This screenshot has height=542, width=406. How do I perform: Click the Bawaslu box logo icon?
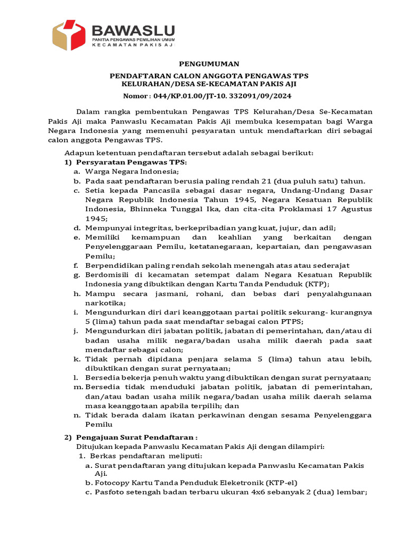click(x=68, y=35)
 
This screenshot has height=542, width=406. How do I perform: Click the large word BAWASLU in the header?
click(x=133, y=30)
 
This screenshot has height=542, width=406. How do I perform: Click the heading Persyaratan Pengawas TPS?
click(x=132, y=162)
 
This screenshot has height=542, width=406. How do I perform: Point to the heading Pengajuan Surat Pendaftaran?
click(x=137, y=438)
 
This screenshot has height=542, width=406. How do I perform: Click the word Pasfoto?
click(x=110, y=493)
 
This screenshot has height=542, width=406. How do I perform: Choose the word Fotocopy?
click(x=114, y=483)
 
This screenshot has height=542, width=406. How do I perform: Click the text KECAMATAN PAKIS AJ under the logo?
click(x=133, y=46)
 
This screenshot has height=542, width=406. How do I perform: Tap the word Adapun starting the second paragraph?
click(x=78, y=153)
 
